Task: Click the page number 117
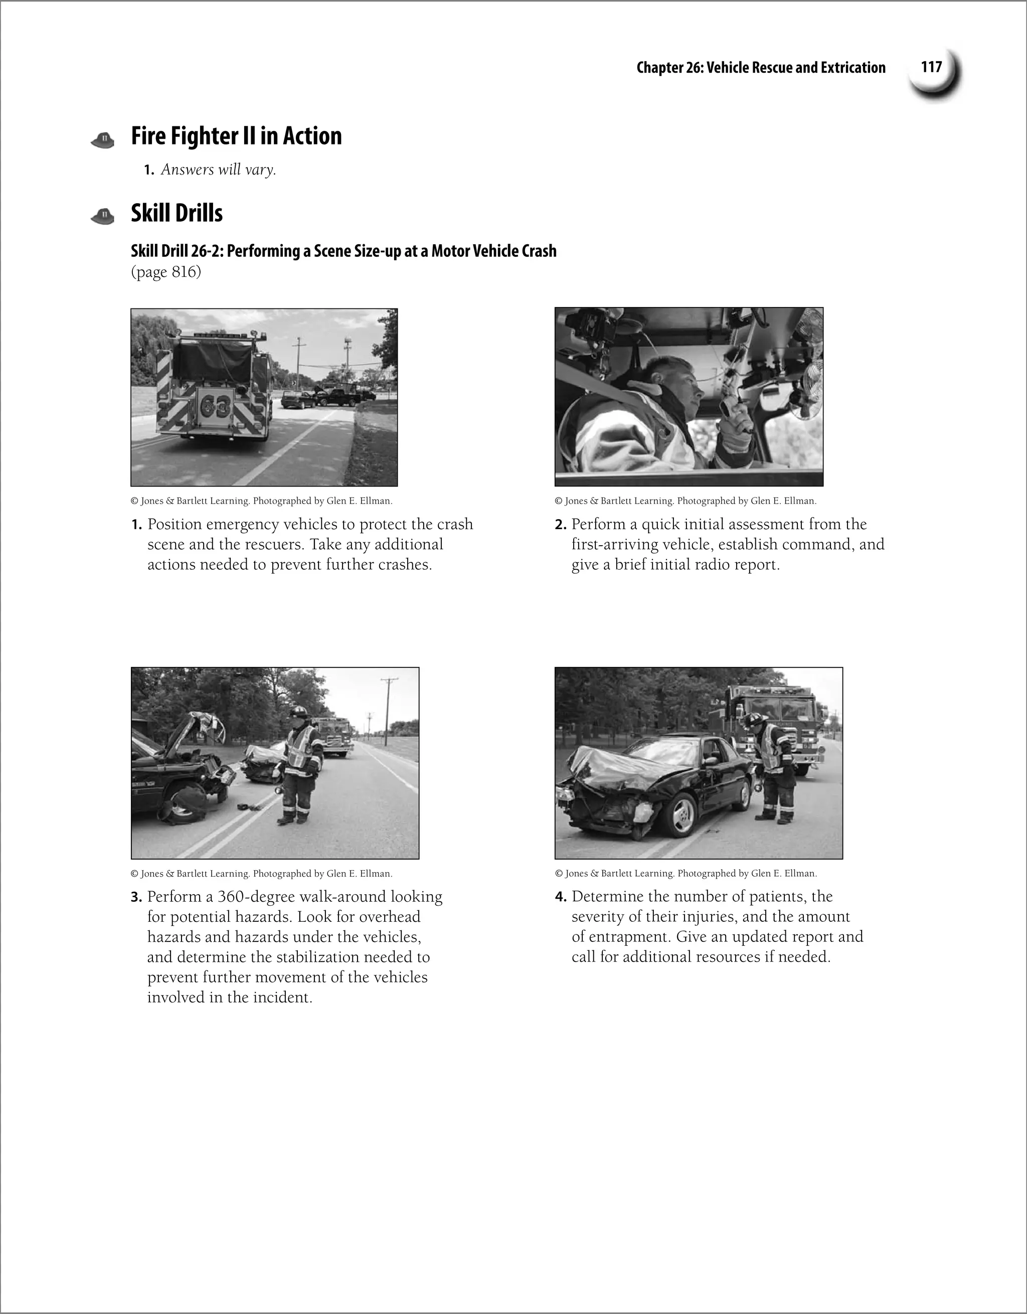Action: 931,67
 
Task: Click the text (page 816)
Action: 166,272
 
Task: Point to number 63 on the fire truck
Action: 215,407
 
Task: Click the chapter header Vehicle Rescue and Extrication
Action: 795,67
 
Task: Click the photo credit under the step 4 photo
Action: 686,873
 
